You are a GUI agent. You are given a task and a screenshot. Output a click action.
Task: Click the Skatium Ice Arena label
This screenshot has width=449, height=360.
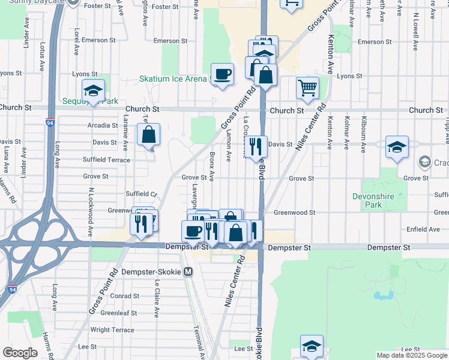173,79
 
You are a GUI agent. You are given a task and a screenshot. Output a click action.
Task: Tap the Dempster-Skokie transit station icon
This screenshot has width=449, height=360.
188,272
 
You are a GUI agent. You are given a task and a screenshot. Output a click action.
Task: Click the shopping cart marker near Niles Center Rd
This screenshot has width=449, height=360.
307,88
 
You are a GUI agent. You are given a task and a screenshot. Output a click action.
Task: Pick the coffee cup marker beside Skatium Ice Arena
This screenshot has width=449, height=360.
222,74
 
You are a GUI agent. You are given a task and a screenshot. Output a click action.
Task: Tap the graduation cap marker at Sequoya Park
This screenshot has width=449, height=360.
94,91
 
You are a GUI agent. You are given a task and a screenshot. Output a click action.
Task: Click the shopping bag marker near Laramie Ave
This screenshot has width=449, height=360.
149,136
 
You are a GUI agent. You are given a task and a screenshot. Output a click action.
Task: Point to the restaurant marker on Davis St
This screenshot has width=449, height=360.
256,145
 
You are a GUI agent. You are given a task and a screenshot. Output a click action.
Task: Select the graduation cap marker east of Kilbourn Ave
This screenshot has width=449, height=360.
397,148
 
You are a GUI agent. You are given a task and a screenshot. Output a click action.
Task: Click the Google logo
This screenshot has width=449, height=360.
20,353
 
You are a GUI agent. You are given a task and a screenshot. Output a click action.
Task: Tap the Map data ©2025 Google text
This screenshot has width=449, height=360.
412,355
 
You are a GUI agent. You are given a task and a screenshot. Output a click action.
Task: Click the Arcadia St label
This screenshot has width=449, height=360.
103,125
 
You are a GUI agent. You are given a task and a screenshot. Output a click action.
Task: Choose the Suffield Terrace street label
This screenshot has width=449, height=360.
107,160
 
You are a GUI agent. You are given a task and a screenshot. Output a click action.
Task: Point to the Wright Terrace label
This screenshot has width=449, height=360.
112,330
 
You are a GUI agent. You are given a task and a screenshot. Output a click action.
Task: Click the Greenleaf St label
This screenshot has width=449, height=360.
118,313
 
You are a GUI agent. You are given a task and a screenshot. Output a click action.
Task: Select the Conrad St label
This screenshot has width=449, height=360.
125,296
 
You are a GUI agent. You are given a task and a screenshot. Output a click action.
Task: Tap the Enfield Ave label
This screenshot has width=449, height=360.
424,229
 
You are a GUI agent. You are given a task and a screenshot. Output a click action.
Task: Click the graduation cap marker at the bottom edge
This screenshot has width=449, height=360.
312,346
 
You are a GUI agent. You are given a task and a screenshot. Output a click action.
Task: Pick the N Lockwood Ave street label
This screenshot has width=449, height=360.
91,211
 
